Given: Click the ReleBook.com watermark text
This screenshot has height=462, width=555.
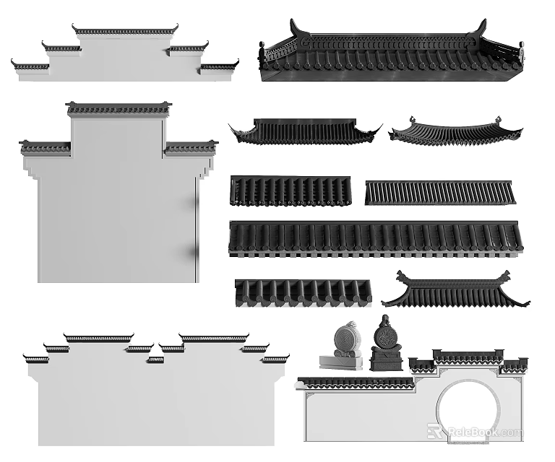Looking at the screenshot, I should click(483, 432).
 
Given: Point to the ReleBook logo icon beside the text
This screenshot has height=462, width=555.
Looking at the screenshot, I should click(435, 431).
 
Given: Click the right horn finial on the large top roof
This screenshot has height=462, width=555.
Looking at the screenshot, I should click(478, 28).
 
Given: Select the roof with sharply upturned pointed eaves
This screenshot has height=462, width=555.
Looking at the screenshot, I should click(304, 131).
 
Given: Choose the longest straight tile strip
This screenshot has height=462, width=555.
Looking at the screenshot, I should click(375, 238).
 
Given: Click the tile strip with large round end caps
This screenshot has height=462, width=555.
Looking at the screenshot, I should click(303, 292).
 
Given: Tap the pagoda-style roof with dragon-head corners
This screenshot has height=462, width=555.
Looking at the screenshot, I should click(455, 290).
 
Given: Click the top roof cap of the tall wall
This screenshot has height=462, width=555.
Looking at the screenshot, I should click(119, 109).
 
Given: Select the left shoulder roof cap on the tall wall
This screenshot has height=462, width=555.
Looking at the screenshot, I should click(46, 148).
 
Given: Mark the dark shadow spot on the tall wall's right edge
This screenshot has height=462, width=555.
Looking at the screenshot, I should click(194, 251).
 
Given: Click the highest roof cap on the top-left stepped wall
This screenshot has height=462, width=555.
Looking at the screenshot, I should click(125, 31).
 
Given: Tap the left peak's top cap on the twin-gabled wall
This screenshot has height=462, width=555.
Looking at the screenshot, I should click(98, 338).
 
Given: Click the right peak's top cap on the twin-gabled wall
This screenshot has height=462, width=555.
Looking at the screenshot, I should click(214, 338).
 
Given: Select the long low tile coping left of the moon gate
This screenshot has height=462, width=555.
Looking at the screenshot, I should click(356, 383).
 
